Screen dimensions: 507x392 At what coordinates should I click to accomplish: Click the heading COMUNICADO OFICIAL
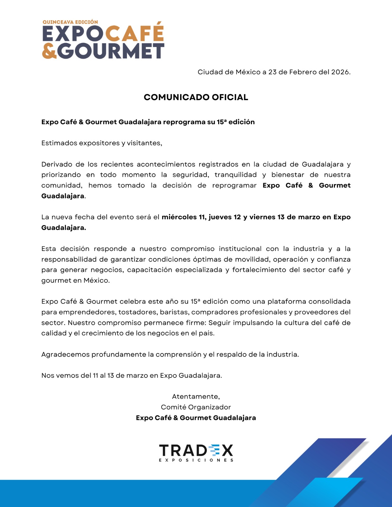[196, 97]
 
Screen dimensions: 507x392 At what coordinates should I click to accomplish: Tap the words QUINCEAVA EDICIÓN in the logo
[70, 22]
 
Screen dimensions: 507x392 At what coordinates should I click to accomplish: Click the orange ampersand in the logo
[49, 51]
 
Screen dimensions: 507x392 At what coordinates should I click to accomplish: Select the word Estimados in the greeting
[59, 143]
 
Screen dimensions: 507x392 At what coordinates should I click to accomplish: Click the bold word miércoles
[179, 217]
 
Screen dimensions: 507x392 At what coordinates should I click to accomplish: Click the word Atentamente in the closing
[196, 396]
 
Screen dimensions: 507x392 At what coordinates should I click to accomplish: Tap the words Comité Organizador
[196, 407]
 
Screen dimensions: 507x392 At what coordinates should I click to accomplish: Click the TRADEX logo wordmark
[196, 450]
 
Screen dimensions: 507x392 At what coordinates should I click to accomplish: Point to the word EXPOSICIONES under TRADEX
[196, 460]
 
